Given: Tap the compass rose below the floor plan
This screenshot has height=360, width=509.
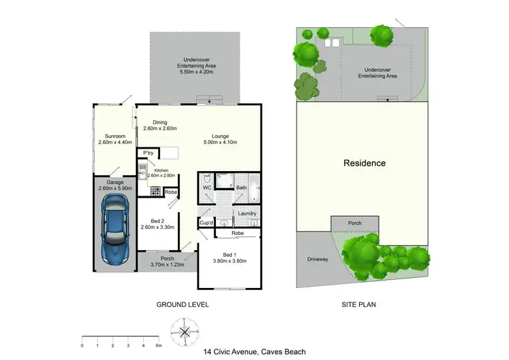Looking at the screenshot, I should (x=184, y=331).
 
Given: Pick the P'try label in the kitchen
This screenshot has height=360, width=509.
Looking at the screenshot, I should (x=146, y=153).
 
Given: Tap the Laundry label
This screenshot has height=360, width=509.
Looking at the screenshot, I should (x=246, y=213).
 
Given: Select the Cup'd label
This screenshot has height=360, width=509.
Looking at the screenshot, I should (x=206, y=223).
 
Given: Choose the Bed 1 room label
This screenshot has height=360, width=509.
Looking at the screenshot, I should (x=229, y=257).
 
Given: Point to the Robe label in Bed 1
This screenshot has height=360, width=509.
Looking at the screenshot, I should (x=238, y=233).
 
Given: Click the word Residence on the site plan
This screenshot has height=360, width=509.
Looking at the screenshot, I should (x=364, y=163).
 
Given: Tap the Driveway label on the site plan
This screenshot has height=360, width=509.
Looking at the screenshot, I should (x=318, y=259).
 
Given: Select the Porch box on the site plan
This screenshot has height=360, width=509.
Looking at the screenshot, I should (x=354, y=223).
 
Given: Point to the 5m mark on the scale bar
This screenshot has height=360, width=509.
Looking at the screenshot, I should (x=158, y=345).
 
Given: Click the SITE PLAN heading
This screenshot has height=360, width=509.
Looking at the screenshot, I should (x=358, y=305).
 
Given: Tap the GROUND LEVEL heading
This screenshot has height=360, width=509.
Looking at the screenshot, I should (x=183, y=305).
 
